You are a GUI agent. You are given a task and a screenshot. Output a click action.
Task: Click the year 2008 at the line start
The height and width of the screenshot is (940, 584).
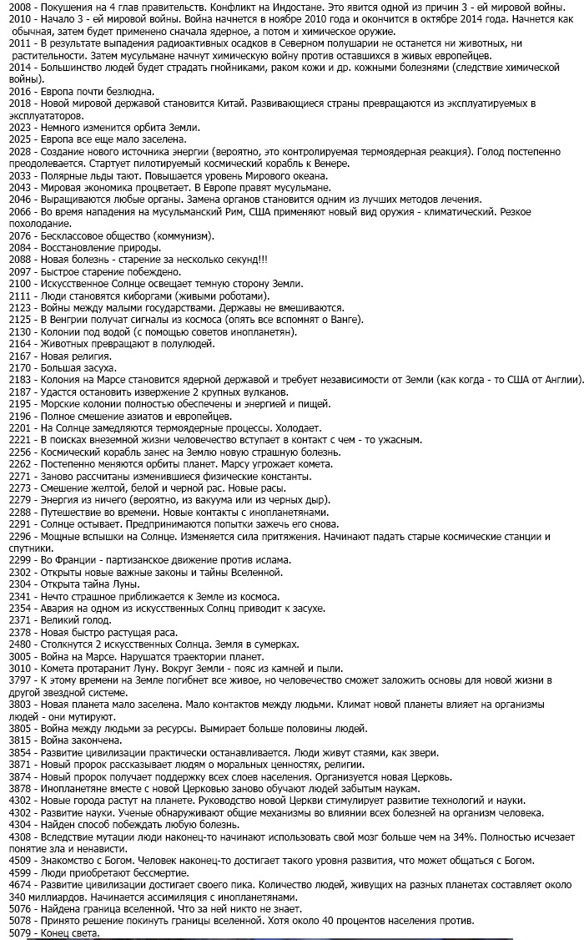[19, 6]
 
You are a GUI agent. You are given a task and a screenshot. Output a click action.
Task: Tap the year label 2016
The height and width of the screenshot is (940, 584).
[19, 91]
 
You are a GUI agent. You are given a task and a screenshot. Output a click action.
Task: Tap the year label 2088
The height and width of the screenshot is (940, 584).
[19, 260]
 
